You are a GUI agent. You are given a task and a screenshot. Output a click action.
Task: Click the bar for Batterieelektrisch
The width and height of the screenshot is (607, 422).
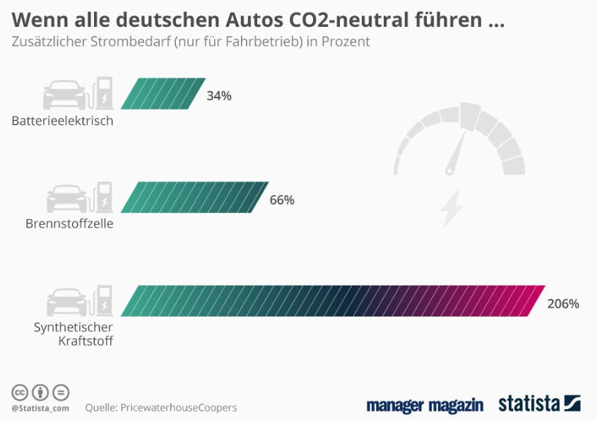(x=163, y=94)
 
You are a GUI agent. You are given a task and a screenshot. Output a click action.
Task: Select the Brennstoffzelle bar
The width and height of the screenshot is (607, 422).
(x=194, y=197)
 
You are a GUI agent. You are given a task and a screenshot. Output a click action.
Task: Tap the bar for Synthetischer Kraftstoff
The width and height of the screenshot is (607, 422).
(x=332, y=300)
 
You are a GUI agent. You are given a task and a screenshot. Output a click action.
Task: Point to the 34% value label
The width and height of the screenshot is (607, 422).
(x=219, y=95)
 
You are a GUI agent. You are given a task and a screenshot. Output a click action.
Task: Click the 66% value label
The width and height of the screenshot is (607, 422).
(x=282, y=199)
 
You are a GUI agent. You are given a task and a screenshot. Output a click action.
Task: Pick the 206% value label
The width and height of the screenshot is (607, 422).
(x=563, y=304)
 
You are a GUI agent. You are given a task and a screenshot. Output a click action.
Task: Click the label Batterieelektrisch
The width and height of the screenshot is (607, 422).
(x=62, y=120)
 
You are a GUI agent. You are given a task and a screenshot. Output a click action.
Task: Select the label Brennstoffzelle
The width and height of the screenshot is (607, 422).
(x=69, y=223)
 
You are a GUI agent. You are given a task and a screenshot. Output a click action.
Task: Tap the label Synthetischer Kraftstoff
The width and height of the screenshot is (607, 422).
(x=73, y=334)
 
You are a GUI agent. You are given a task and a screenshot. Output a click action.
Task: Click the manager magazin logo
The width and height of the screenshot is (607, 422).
(x=425, y=405)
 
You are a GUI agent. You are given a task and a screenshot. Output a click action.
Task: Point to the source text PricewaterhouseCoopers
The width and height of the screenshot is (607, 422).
(x=178, y=407)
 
